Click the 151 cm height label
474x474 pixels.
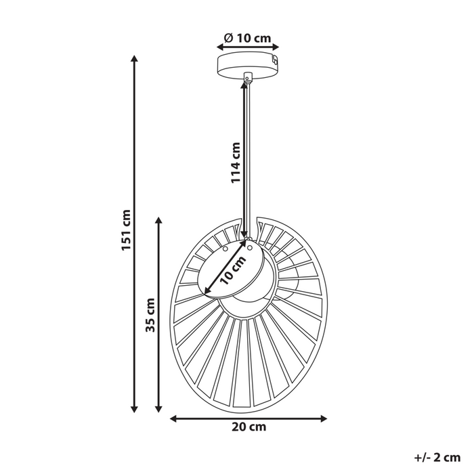[x=127, y=230]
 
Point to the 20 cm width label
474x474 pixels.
[x=248, y=427]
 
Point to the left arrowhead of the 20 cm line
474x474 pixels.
[x=172, y=418]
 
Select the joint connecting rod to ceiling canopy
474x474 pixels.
[x=248, y=78]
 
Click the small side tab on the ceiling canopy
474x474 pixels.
[x=275, y=61]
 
